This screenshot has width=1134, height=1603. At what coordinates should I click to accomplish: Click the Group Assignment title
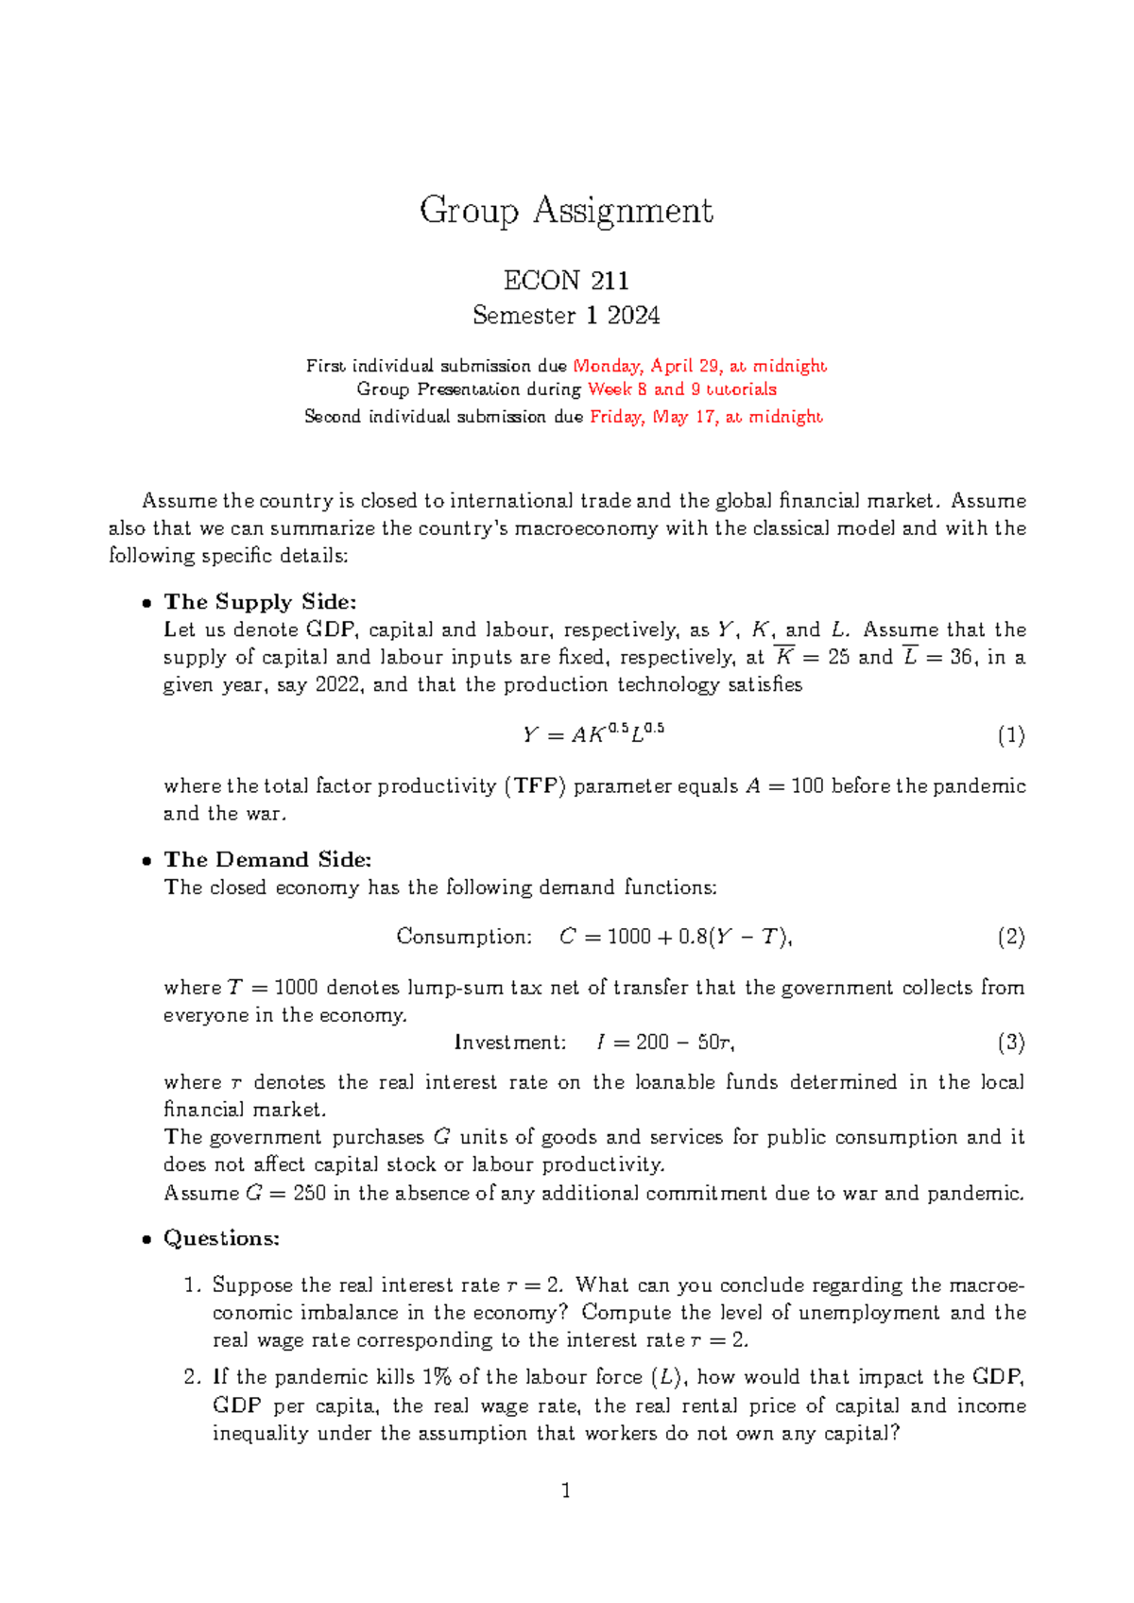(566, 211)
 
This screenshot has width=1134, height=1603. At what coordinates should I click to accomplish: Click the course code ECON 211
(566, 281)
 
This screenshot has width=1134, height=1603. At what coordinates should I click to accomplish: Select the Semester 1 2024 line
(566, 316)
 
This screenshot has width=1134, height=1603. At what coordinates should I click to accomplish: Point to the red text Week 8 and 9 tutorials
(681, 389)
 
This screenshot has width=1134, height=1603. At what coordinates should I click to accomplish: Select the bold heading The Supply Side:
(260, 602)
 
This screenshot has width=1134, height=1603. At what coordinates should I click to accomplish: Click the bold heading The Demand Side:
(267, 860)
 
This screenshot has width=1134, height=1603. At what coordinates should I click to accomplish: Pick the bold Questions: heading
(221, 1238)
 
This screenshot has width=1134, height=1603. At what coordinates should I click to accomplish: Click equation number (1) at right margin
(1010, 736)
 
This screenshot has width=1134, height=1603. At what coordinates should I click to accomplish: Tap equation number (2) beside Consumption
(1010, 938)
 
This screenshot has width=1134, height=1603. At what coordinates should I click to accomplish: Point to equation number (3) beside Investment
(1010, 1043)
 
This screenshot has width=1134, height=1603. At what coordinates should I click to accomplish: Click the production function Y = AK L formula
(593, 734)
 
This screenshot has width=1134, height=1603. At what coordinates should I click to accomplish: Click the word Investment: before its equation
(510, 1043)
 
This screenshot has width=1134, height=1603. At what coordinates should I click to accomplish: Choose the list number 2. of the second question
(193, 1378)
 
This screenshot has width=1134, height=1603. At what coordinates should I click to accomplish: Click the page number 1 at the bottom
(566, 1491)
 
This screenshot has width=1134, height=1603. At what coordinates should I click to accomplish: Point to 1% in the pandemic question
(436, 1378)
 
